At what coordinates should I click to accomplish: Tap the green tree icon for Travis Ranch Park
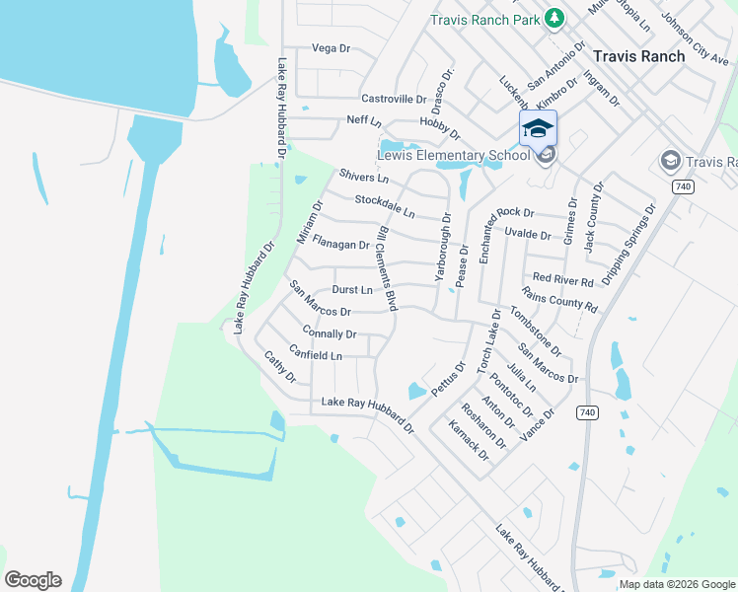pyautogui.click(x=554, y=18)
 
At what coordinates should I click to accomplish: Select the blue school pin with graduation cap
pyautogui.click(x=539, y=129)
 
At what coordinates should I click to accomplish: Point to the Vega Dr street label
pyautogui.click(x=331, y=48)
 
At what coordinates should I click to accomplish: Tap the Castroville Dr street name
pyautogui.click(x=394, y=99)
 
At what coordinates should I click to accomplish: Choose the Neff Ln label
pyautogui.click(x=363, y=120)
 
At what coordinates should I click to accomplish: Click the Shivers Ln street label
pyautogui.click(x=364, y=177)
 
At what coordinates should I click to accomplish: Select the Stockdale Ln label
pyautogui.click(x=385, y=206)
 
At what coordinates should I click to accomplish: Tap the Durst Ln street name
pyautogui.click(x=352, y=290)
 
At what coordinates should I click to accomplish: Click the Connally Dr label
pyautogui.click(x=330, y=333)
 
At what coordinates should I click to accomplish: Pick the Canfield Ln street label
pyautogui.click(x=316, y=353)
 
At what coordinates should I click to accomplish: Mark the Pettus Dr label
pyautogui.click(x=447, y=377)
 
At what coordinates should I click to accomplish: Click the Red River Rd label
pyautogui.click(x=562, y=280)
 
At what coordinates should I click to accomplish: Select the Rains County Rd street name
pyautogui.click(x=560, y=300)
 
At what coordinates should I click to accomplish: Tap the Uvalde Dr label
pyautogui.click(x=527, y=234)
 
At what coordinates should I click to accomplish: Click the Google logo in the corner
pyautogui.click(x=33, y=580)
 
